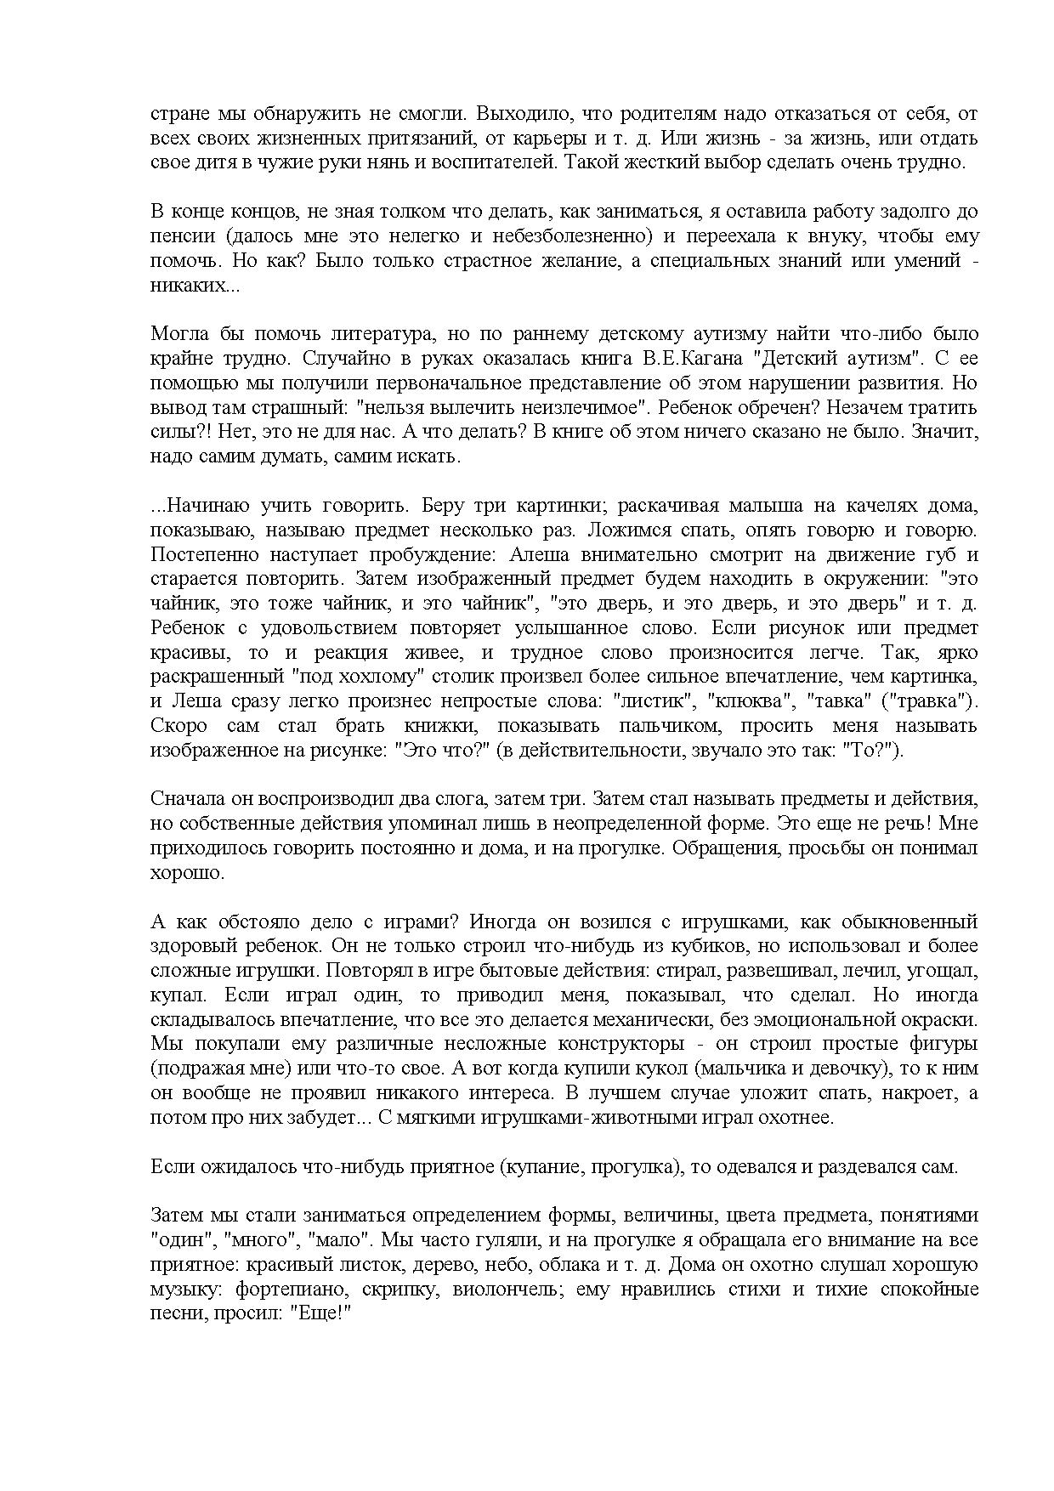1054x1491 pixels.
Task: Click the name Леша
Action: coord(191,702)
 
